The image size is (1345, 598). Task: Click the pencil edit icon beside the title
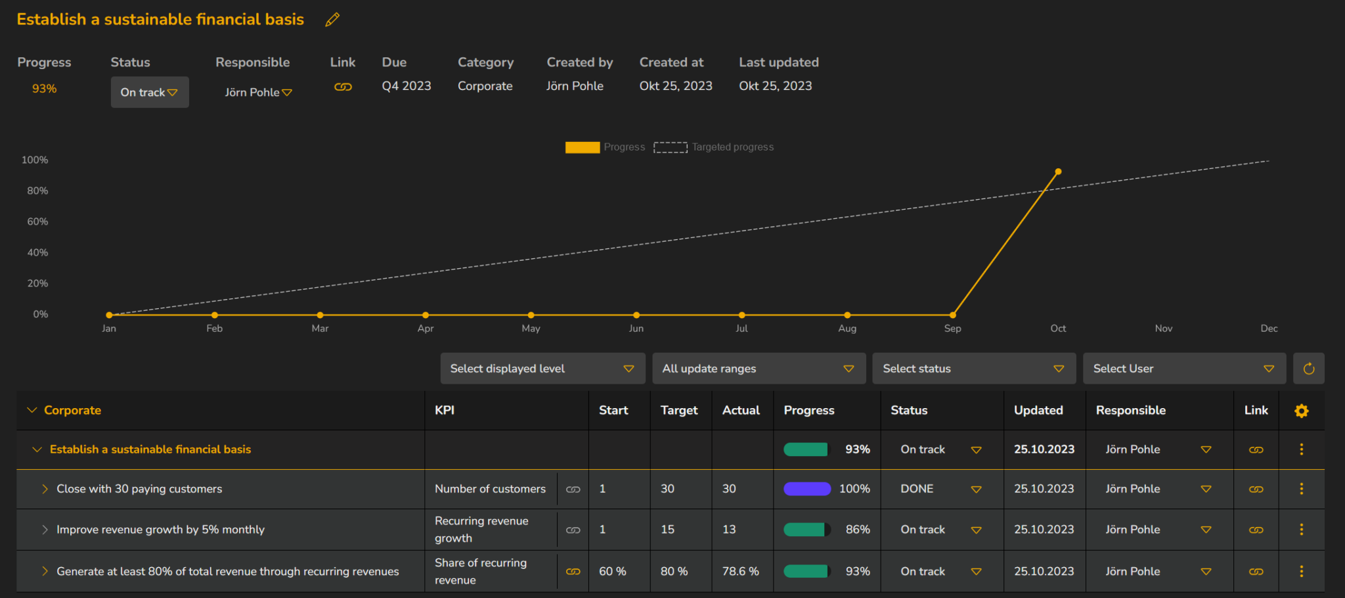coord(332,20)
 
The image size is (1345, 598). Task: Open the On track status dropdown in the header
coord(149,93)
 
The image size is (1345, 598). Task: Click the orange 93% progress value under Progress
coord(44,89)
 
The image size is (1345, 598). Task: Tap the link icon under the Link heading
coord(343,87)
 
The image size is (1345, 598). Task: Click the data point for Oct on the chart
coord(1058,172)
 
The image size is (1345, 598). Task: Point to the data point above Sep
coord(952,315)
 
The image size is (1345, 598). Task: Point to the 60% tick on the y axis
coord(37,221)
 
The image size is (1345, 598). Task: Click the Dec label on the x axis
coord(1269,329)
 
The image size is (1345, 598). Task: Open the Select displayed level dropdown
coord(542,369)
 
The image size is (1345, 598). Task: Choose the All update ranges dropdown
coord(759,369)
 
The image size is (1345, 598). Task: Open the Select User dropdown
coord(1183,369)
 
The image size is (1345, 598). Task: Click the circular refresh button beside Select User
coord(1308,369)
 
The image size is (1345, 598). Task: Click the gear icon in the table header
coord(1301,411)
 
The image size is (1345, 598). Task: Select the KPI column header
coord(445,410)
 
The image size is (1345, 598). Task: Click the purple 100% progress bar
coord(807,489)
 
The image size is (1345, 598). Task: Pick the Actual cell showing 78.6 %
coord(740,572)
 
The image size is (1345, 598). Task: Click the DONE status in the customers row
coord(917,489)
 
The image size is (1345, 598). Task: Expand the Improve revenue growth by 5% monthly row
coord(45,530)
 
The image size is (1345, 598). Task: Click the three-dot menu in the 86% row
coord(1301,530)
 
